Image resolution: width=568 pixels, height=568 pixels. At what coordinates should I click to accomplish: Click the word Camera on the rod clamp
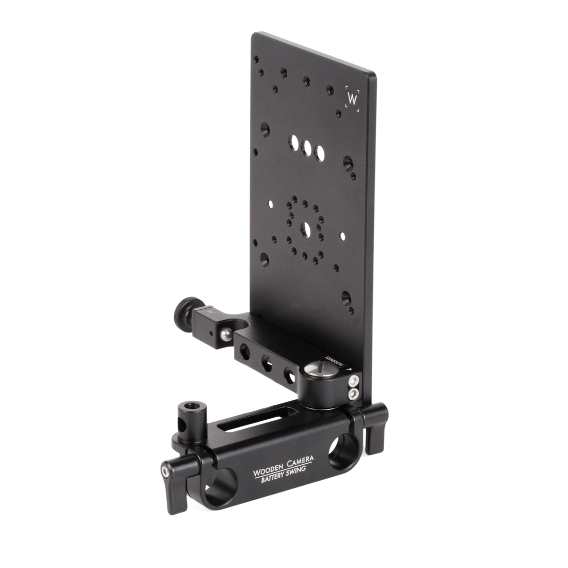(x=300, y=461)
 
